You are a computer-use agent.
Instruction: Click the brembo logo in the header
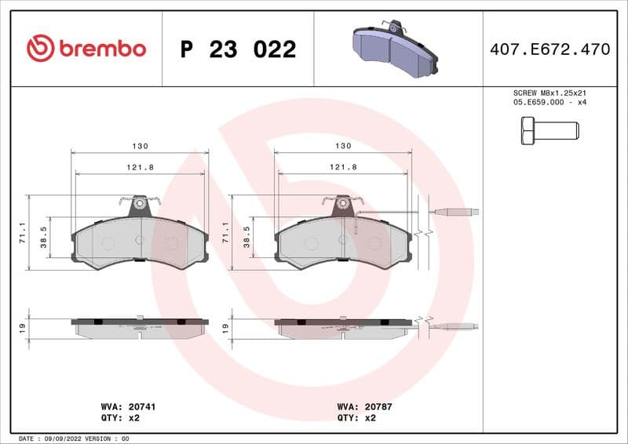coord(86,49)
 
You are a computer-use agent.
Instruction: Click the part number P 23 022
coord(238,49)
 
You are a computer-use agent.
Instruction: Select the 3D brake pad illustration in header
coord(396,49)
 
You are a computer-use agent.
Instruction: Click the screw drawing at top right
coord(549,129)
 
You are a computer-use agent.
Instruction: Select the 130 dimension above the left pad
coord(141,147)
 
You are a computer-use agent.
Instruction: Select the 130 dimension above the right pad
coord(343,147)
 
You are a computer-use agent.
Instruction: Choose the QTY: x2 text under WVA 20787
coord(357,418)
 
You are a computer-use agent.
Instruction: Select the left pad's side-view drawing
coord(140,326)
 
